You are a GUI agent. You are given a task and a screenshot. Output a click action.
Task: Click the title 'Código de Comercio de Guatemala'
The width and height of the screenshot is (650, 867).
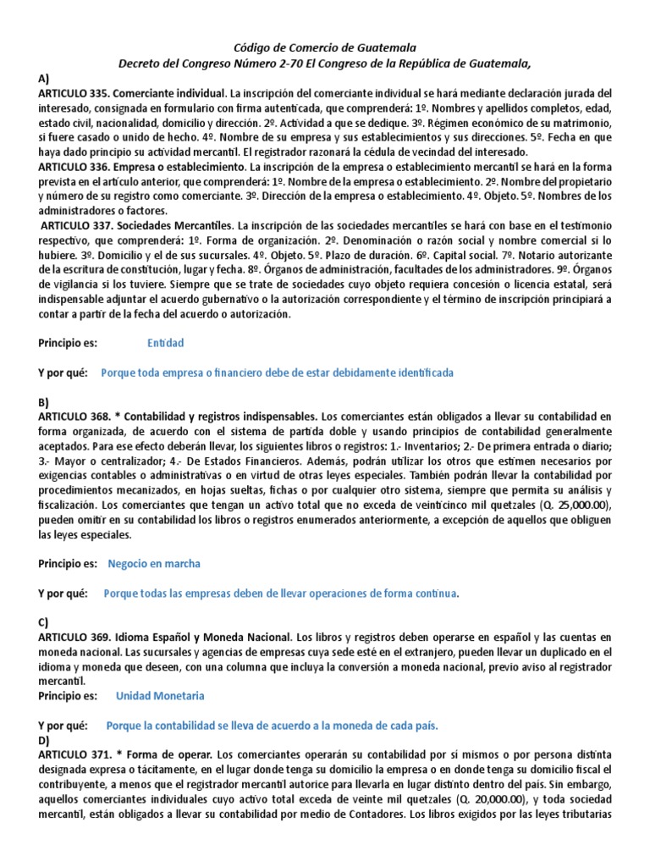pyautogui.click(x=325, y=48)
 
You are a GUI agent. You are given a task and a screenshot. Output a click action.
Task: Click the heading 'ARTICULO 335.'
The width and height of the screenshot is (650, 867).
pyautogui.click(x=73, y=91)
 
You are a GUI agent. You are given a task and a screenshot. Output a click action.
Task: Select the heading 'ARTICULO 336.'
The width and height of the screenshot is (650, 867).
pyautogui.click(x=73, y=168)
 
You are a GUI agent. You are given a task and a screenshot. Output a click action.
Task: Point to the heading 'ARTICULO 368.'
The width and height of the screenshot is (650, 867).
pyautogui.click(x=73, y=417)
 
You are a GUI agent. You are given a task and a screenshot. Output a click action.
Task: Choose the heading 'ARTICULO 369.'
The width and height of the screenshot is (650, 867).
pyautogui.click(x=73, y=636)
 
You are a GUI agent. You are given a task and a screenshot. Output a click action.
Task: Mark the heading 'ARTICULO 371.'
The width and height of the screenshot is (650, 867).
pyautogui.click(x=73, y=754)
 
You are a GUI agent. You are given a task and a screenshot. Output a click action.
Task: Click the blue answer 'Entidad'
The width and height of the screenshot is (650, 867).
pyautogui.click(x=165, y=343)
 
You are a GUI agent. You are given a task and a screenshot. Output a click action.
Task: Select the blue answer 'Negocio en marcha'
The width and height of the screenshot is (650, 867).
pyautogui.click(x=154, y=563)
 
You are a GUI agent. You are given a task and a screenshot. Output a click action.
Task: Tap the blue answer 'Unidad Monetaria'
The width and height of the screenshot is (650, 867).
pyautogui.click(x=160, y=696)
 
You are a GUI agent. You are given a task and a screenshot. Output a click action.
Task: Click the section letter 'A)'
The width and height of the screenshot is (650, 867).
pyautogui.click(x=44, y=77)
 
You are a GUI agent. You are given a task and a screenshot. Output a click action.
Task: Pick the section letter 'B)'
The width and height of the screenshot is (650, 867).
pyautogui.click(x=44, y=402)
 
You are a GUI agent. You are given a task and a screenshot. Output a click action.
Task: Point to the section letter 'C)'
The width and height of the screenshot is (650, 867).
pyautogui.click(x=44, y=621)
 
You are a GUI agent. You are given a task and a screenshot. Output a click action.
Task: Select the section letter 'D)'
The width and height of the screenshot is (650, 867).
pyautogui.click(x=44, y=740)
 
